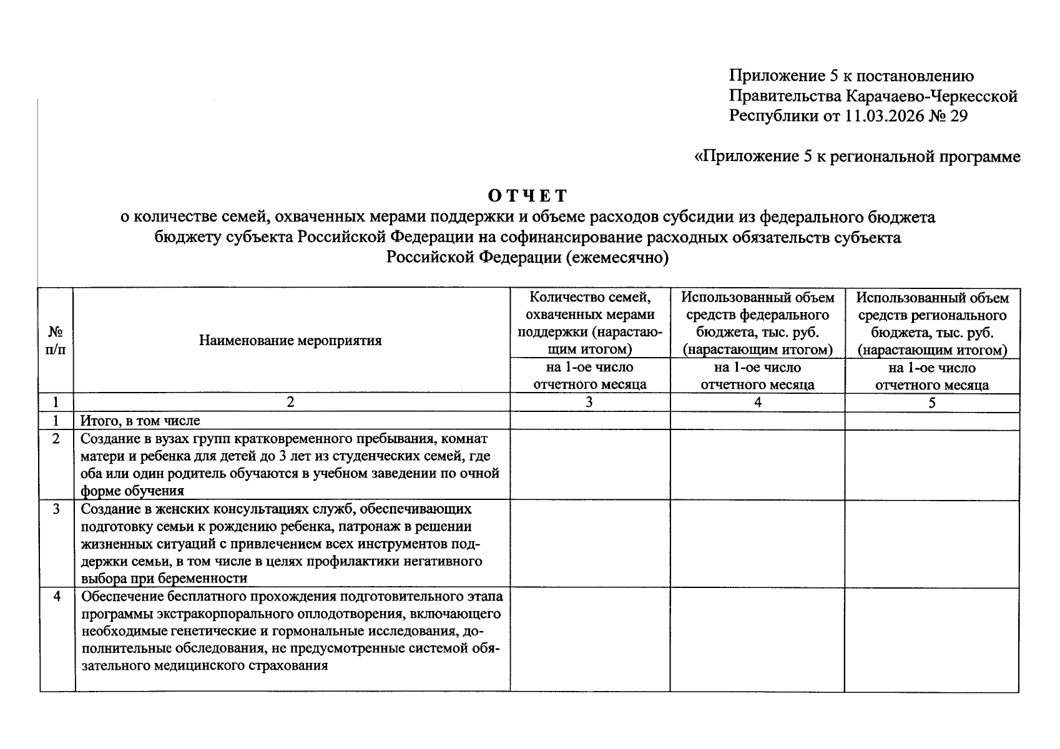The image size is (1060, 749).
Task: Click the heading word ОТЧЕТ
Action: point(528,196)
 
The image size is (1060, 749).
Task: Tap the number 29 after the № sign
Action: point(958,116)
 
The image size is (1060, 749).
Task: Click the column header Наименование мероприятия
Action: point(290,341)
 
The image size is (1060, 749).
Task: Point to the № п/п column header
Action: point(56,341)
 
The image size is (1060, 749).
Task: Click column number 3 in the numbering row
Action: point(589,403)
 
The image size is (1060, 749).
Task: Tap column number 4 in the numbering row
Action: point(757,403)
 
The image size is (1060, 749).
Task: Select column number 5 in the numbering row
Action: point(931,403)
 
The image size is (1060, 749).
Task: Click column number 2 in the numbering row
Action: point(290,403)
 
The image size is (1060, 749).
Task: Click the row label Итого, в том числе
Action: point(140,421)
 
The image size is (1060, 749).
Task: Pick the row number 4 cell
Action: point(57,596)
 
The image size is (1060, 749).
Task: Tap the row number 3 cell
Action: point(56,509)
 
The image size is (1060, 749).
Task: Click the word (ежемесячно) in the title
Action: point(617,257)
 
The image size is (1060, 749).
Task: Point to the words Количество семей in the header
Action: point(590,297)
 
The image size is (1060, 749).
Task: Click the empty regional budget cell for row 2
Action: point(931,465)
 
